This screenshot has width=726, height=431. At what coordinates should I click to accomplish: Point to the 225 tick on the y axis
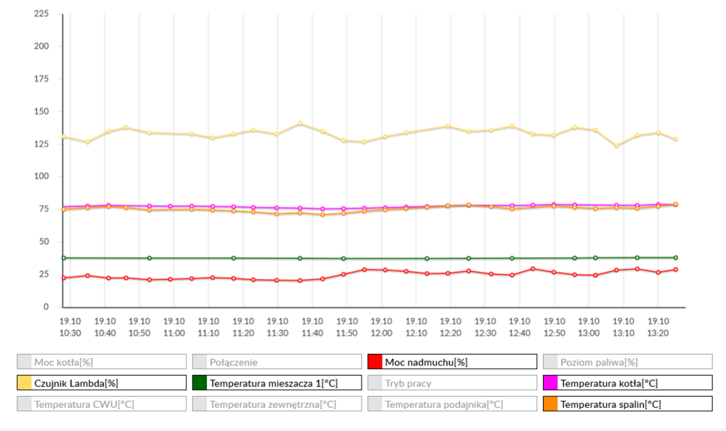(41, 14)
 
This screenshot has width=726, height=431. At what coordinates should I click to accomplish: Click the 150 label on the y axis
(41, 111)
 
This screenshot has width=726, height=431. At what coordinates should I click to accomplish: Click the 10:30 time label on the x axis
(70, 327)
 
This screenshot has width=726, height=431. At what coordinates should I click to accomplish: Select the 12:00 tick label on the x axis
(381, 327)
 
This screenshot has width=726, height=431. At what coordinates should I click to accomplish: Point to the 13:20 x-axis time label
(658, 327)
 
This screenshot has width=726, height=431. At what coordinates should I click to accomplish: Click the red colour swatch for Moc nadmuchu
(375, 362)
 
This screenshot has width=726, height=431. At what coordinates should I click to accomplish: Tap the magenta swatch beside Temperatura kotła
(550, 383)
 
